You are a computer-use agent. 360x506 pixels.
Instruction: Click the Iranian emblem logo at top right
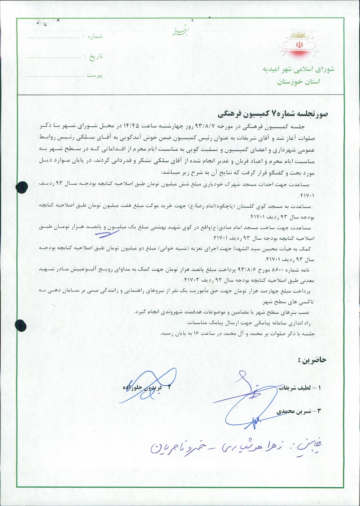(298, 46)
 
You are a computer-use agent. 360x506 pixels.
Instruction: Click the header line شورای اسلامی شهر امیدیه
(298, 69)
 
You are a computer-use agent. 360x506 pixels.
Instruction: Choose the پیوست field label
(95, 76)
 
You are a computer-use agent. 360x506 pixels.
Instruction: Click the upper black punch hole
(22, 187)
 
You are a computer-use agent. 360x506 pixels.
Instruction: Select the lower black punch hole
(21, 324)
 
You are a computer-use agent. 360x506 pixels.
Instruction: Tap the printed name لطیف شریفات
(295, 388)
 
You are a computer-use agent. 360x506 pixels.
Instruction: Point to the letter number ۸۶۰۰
(283, 269)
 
